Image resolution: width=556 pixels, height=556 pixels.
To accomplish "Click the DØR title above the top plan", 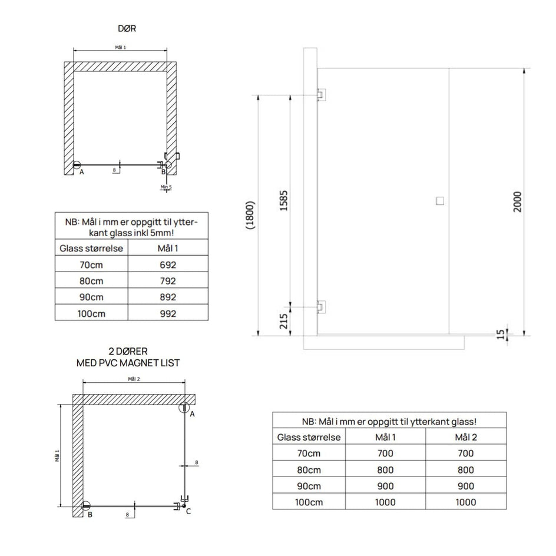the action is coord(127,28).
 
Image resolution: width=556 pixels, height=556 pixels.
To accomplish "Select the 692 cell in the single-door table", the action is coord(168,265).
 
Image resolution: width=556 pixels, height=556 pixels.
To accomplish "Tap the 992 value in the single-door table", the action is coord(168,313).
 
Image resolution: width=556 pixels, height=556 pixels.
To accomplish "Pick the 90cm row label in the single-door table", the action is coord(91,297).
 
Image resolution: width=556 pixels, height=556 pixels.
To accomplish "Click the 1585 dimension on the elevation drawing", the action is coord(284,201).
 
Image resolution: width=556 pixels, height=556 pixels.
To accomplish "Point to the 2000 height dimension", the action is coord(517,201).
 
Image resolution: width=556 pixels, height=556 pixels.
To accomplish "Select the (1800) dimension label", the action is coord(250,215).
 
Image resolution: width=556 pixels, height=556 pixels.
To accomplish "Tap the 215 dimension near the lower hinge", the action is coord(284,321).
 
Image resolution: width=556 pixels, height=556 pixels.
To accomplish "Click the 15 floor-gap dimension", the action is coord(500,335).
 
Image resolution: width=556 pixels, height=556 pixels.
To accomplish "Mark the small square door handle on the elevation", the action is coord(440,201).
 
